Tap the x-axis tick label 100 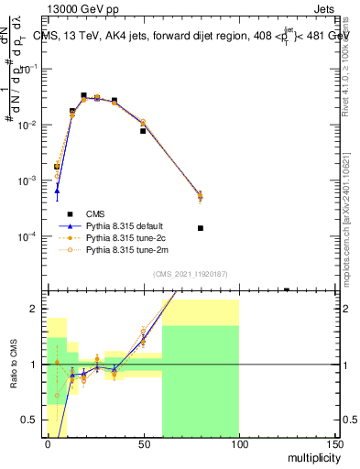239,443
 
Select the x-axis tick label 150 334,443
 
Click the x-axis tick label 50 143,443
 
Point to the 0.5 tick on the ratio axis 32,421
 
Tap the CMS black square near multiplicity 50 143,131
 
